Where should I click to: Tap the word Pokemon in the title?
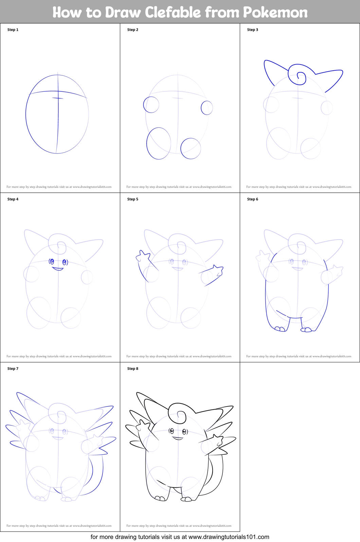(275, 13)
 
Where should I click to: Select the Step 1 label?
(13, 30)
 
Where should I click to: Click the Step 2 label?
(133, 30)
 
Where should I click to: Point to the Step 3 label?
(253, 30)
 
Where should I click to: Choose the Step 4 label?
(13, 199)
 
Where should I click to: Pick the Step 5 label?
(133, 199)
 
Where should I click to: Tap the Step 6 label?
(253, 199)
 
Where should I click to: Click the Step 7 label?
(13, 369)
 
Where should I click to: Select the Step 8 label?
(133, 369)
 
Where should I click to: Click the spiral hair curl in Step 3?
(298, 75)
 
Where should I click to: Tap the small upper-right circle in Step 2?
(207, 108)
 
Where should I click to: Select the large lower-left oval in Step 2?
(159, 143)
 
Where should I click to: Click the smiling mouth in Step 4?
(58, 269)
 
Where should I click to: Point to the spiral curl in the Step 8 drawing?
(178, 414)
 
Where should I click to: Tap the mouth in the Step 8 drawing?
(178, 438)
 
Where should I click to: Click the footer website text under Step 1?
(59, 187)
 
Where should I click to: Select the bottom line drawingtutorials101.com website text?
(180, 537)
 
